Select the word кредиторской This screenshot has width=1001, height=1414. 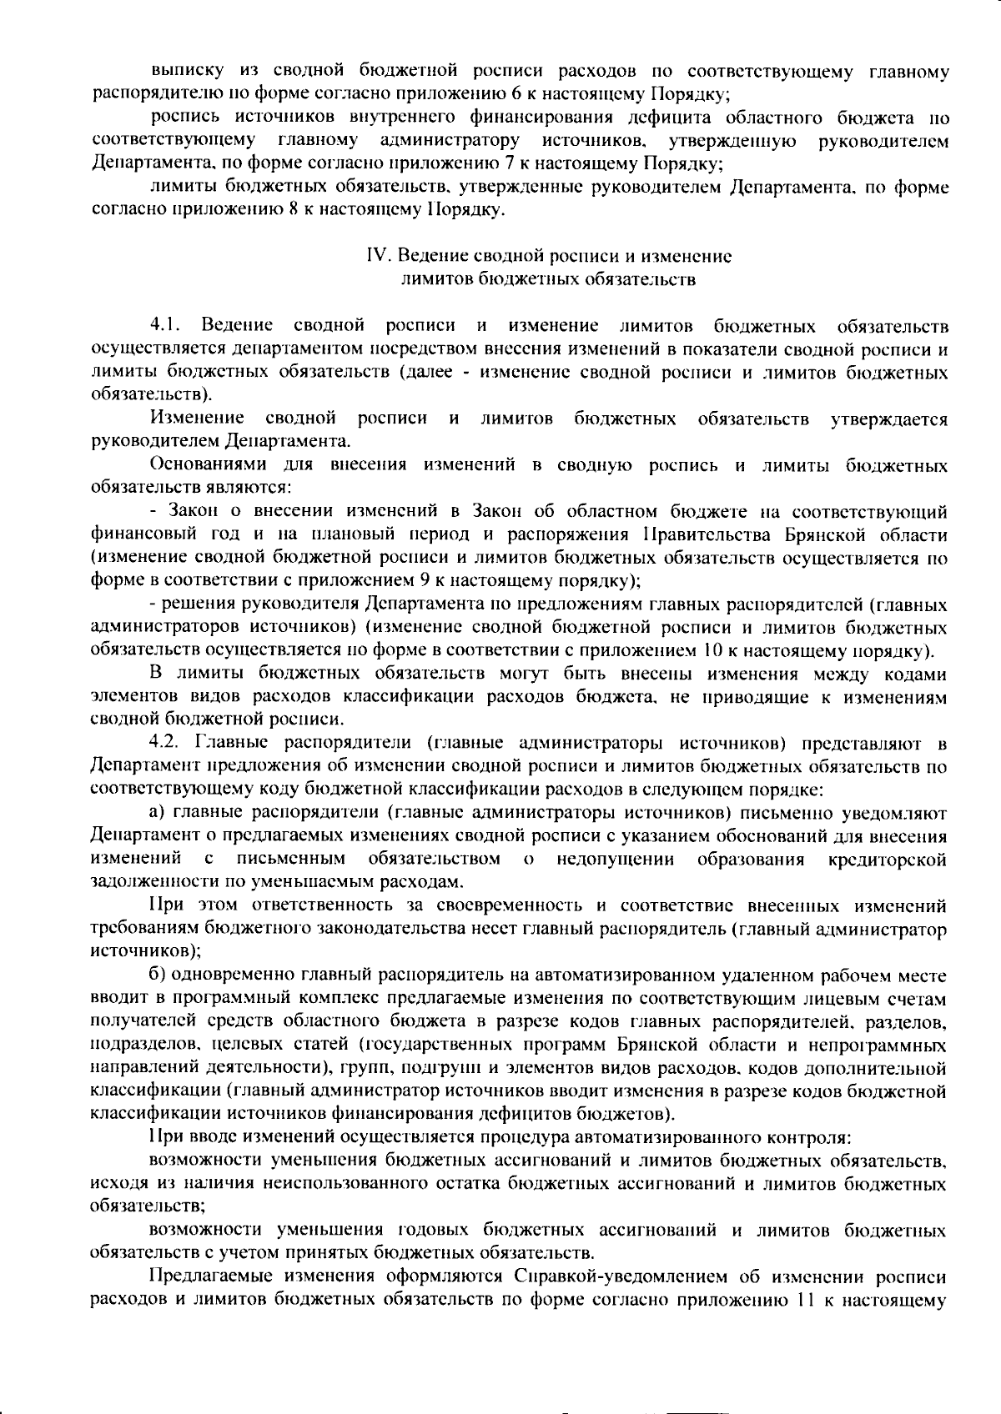click(x=887, y=859)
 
